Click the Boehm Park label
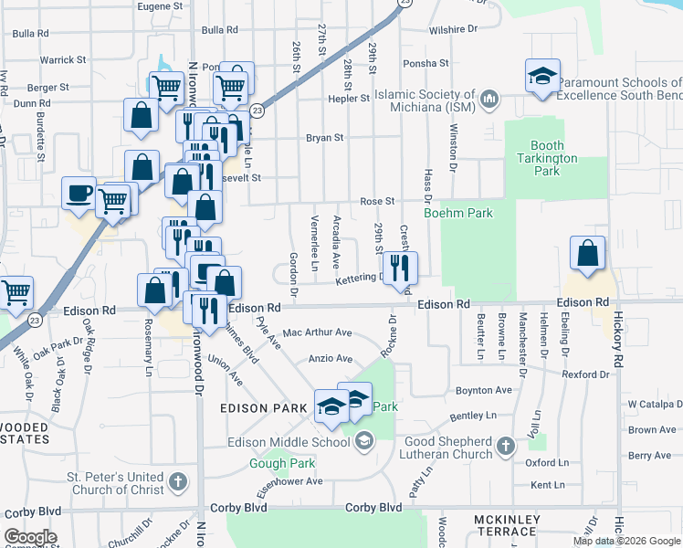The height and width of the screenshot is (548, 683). (458, 213)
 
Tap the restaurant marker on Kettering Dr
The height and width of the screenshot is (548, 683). (400, 268)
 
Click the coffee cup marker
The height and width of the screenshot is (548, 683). (79, 194)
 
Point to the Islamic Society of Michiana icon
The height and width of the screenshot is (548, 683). (489, 97)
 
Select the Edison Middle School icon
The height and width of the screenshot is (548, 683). (363, 443)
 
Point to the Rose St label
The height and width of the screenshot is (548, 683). (376, 201)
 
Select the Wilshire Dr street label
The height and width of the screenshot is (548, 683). (453, 29)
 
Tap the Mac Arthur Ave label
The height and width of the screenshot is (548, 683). (317, 333)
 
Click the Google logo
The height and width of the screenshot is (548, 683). (29, 537)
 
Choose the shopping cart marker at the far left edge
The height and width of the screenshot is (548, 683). (16, 293)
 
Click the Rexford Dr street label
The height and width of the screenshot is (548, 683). (585, 374)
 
